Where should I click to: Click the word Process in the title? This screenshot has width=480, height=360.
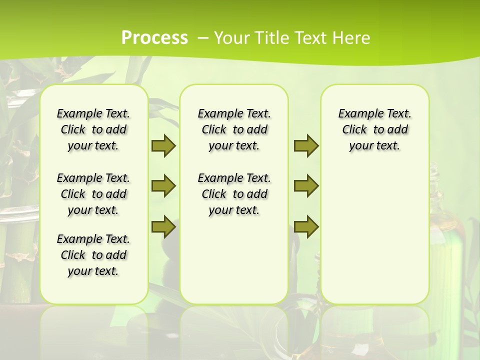(154, 38)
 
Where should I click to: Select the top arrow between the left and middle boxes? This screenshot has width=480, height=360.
(163, 145)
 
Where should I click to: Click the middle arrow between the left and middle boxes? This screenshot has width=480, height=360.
(163, 186)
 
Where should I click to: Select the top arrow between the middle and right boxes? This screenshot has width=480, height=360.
(306, 145)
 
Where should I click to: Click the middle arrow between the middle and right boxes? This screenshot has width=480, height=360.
(306, 186)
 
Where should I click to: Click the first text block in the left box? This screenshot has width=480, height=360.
(93, 129)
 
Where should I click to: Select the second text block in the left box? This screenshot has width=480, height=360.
(93, 194)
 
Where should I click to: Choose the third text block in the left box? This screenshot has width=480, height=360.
(93, 255)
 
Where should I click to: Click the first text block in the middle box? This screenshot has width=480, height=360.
(234, 129)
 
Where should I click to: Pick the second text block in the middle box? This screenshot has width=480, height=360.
(234, 194)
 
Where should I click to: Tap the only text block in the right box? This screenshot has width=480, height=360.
(374, 129)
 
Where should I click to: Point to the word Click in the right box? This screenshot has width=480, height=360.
(354, 130)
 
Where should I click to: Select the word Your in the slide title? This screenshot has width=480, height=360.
(230, 38)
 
